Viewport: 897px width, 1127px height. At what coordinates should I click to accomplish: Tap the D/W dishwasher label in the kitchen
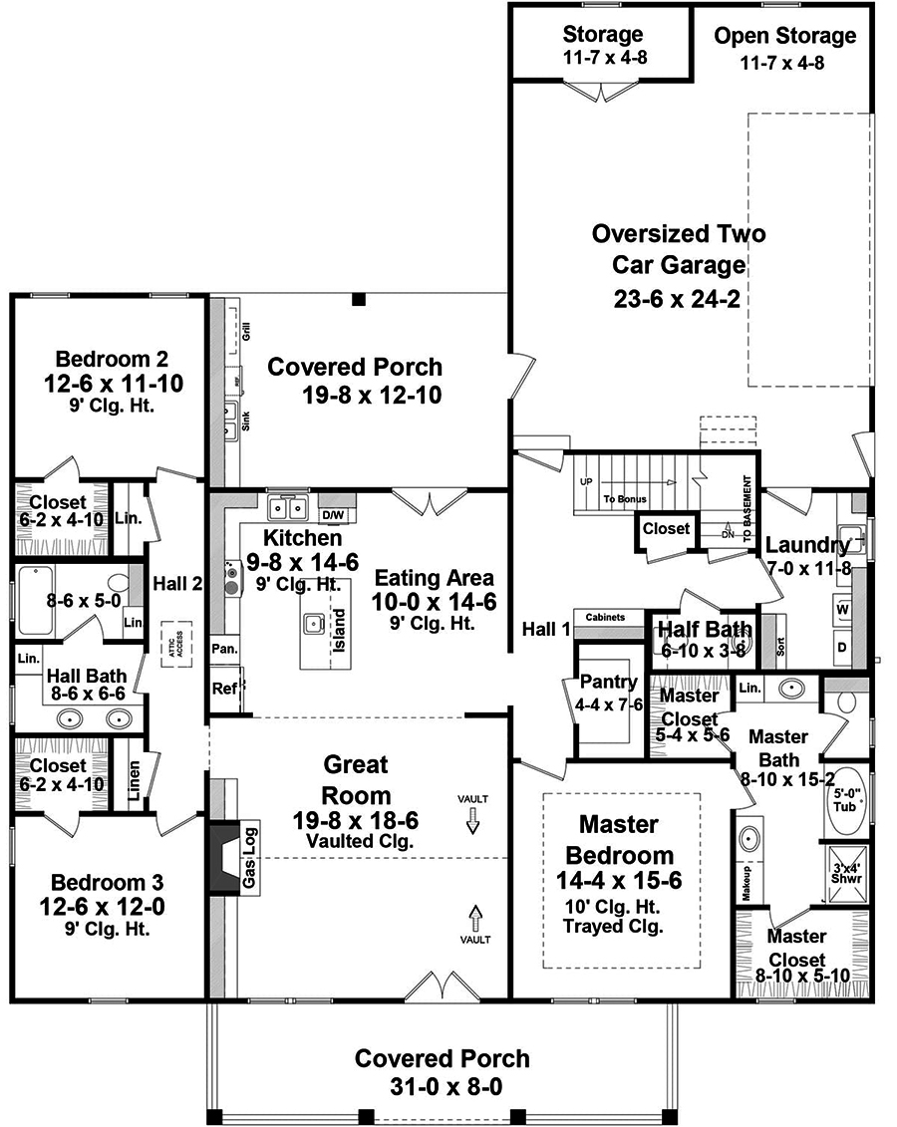[x=333, y=514]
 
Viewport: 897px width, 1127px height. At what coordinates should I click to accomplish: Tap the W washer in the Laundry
[x=842, y=608]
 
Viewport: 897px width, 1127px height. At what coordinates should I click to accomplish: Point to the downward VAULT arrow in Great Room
[x=473, y=820]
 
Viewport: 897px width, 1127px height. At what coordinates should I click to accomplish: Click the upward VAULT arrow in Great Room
[x=475, y=916]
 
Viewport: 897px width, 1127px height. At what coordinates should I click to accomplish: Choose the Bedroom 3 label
[x=108, y=883]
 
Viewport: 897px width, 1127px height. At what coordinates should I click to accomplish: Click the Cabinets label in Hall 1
[x=605, y=617]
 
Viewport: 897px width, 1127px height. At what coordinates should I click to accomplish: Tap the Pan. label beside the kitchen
[x=224, y=648]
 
